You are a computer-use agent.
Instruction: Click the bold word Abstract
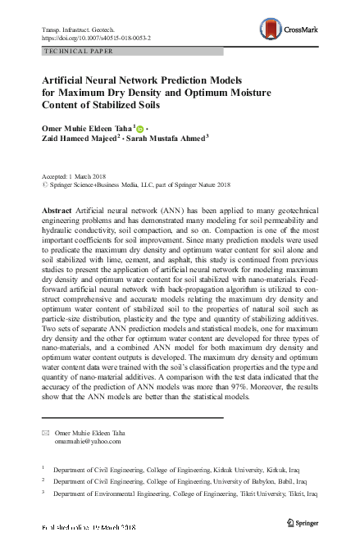coord(56,212)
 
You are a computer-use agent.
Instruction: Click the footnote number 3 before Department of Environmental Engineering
coord(43,494)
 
